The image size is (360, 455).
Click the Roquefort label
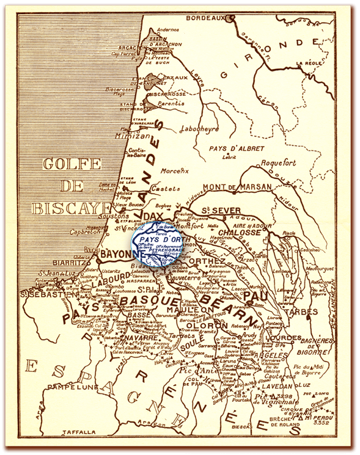click(278, 163)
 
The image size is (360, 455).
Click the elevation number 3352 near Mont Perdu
click(340, 421)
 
